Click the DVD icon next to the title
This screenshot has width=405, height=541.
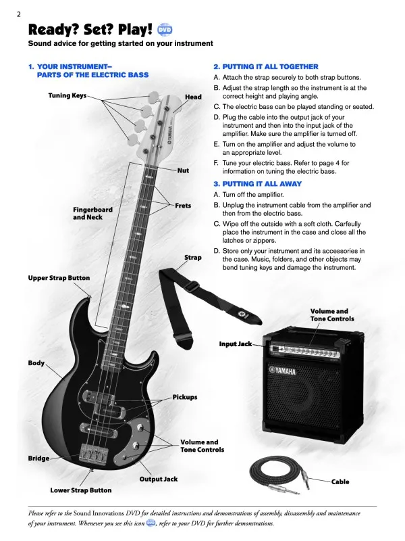click(x=165, y=30)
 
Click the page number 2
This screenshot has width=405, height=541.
click(x=19, y=14)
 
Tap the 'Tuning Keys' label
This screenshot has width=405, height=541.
click(x=67, y=96)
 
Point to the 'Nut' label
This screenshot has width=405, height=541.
click(x=183, y=171)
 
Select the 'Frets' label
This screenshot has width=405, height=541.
click(x=184, y=205)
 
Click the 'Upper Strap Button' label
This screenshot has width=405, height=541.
click(x=59, y=278)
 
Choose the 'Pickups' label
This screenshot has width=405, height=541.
click(x=185, y=397)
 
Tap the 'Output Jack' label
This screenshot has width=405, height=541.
click(x=159, y=479)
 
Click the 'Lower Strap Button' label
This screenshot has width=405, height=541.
click(x=81, y=490)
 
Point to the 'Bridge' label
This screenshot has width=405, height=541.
click(x=38, y=458)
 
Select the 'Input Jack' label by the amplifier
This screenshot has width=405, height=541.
click(x=235, y=344)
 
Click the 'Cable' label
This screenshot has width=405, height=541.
click(x=340, y=482)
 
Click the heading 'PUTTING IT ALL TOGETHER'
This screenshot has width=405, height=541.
click(x=265, y=67)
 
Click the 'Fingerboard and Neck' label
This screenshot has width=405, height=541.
click(x=92, y=213)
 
